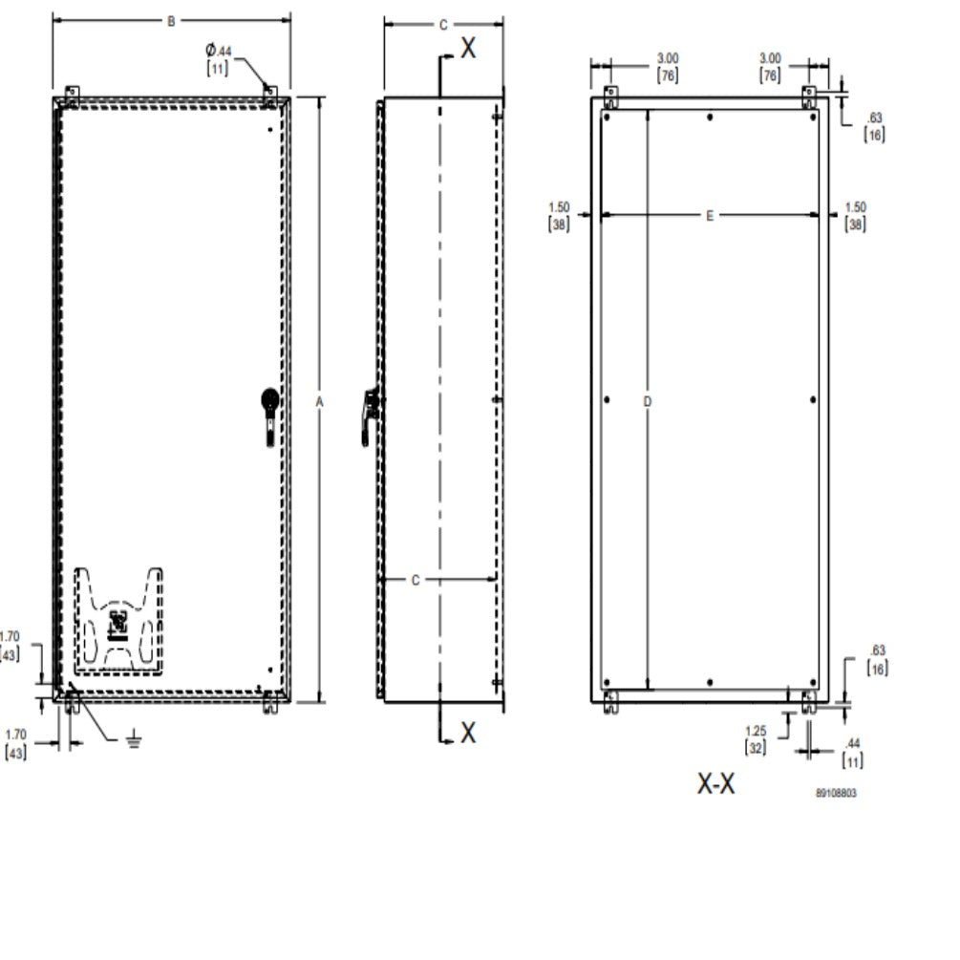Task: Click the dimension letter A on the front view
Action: [320, 403]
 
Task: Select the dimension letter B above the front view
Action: [171, 21]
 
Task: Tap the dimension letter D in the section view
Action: [647, 401]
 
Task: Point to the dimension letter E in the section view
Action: [709, 217]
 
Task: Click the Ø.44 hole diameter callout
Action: [218, 59]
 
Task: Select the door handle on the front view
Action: [271, 412]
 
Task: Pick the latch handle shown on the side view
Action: [369, 415]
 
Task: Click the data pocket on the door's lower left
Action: [118, 620]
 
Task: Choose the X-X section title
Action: [715, 784]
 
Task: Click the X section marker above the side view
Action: [467, 48]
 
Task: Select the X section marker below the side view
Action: [467, 733]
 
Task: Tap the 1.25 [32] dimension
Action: [756, 738]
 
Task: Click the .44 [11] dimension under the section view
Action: [852, 754]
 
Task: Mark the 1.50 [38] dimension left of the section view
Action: [560, 216]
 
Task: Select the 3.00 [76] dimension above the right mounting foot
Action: [769, 67]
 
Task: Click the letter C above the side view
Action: [442, 26]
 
